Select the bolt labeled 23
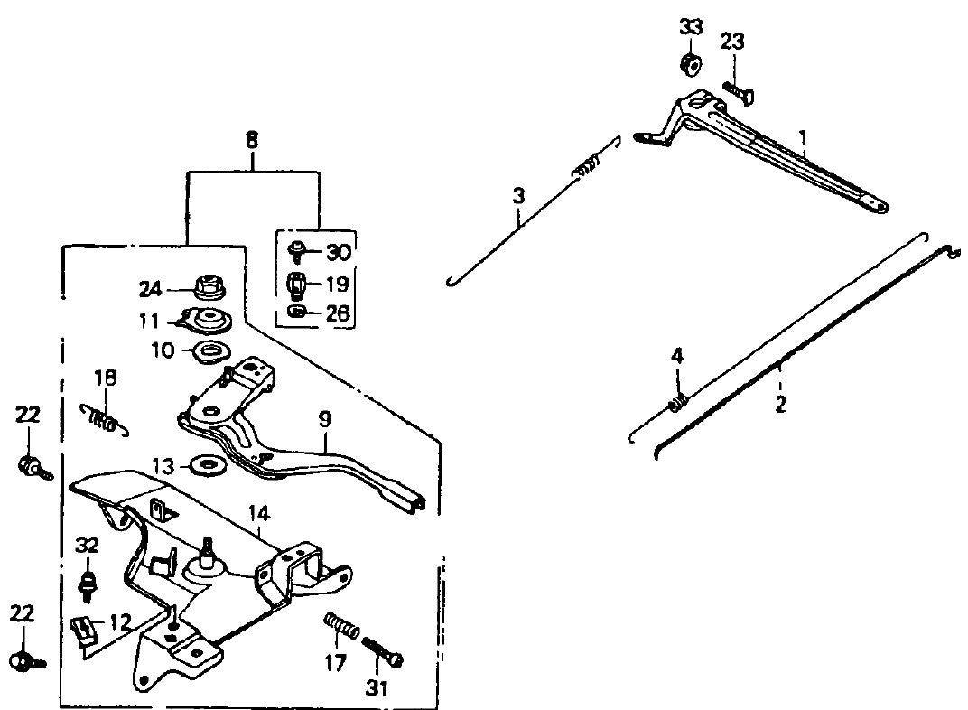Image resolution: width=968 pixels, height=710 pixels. coord(738,91)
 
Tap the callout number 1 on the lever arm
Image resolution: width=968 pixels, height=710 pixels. coord(802,138)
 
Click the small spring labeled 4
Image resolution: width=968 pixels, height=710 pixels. coord(678,400)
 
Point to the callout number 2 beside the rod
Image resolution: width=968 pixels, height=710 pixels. coord(780,404)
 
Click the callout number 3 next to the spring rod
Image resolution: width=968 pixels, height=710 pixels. coord(518,194)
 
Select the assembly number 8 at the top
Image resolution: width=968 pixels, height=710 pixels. coord(251,140)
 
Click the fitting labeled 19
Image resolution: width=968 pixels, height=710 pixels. coord(296,285)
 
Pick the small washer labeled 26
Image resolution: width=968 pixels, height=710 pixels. coord(296,313)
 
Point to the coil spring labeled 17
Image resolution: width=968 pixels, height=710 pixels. coord(342,625)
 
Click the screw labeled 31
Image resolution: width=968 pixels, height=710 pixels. coord(383,653)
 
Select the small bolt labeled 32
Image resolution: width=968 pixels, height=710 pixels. coord(88,583)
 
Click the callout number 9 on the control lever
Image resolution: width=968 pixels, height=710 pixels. coord(324,419)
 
